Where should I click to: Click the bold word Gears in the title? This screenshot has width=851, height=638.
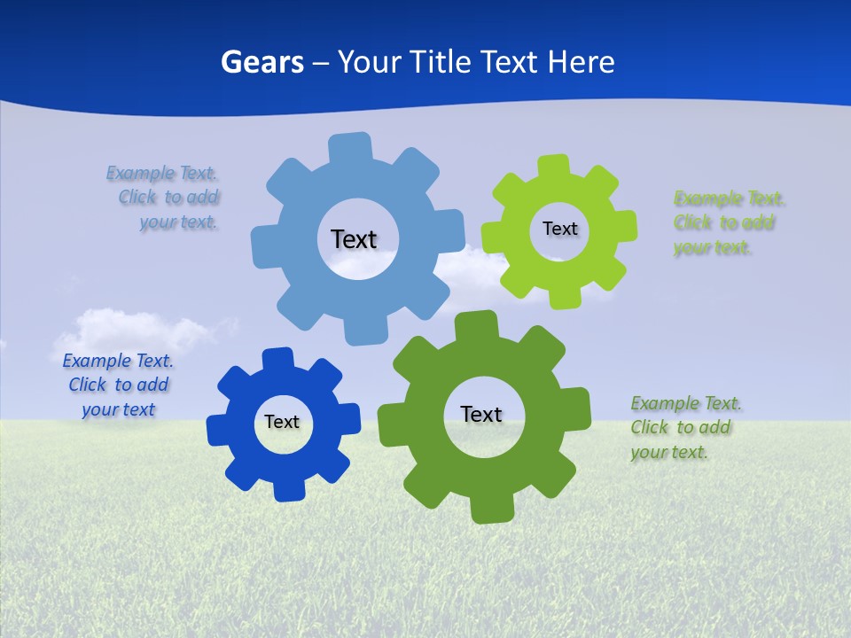262,62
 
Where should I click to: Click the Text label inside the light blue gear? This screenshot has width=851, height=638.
354,239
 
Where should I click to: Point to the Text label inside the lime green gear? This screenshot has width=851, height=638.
559,229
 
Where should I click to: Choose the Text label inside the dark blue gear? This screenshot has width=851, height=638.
282,423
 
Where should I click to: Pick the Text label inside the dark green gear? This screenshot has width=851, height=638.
481,415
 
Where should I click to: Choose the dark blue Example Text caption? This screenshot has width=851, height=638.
118,385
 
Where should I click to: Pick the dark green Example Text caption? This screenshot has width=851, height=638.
684,428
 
